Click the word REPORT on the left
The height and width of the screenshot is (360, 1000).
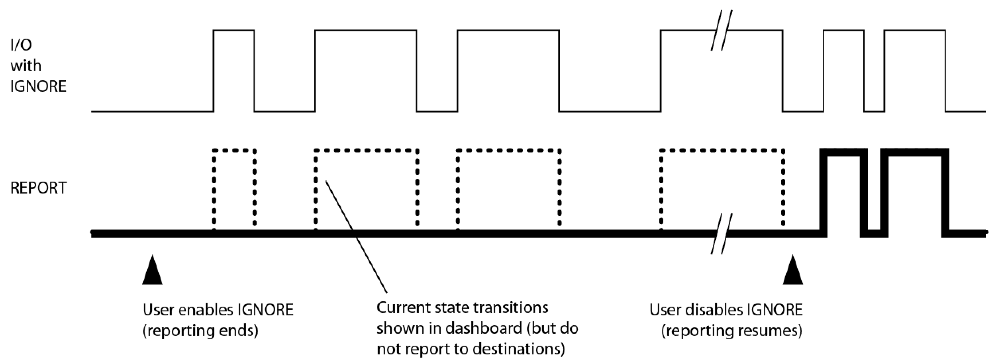coord(39,188)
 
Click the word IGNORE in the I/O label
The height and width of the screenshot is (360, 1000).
coord(38,86)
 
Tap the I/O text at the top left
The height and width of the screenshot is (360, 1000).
coord(21,45)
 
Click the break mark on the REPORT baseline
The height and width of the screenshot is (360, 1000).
coord(722,234)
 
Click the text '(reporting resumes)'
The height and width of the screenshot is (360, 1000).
coord(732,331)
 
